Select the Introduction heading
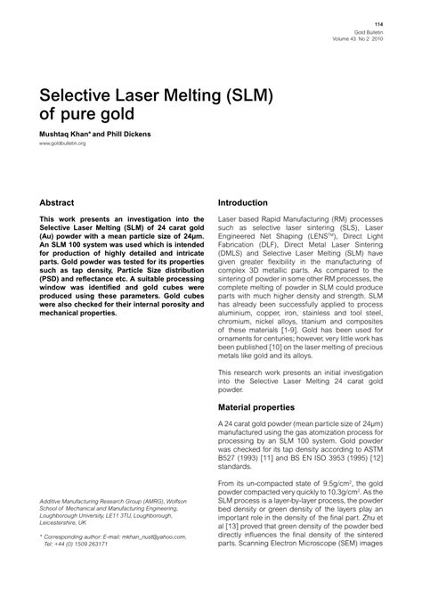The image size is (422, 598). (x=248, y=203)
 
